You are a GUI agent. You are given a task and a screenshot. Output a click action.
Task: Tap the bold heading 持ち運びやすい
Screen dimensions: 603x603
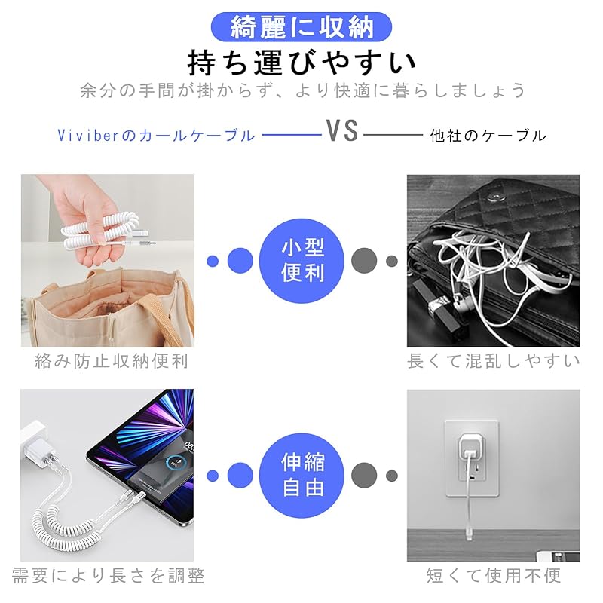301,60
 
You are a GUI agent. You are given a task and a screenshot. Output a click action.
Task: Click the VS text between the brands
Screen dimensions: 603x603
341,132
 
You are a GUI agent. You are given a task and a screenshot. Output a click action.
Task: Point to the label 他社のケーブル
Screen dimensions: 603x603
488,136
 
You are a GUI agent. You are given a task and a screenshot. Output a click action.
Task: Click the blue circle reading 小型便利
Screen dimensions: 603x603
302,261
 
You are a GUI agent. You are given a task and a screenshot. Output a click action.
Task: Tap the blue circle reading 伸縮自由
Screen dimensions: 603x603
302,475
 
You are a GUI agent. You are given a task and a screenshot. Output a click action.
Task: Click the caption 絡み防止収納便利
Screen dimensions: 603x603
112,361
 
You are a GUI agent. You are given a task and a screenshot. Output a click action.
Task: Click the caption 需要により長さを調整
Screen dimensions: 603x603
108,576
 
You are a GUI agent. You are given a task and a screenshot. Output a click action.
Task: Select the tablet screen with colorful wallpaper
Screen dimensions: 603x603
143,445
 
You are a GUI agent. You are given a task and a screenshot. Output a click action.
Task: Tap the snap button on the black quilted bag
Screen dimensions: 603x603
494,198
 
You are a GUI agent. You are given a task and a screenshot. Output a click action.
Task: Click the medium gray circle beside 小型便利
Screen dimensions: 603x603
364,261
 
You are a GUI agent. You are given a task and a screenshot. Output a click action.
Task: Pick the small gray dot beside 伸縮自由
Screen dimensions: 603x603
392,476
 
